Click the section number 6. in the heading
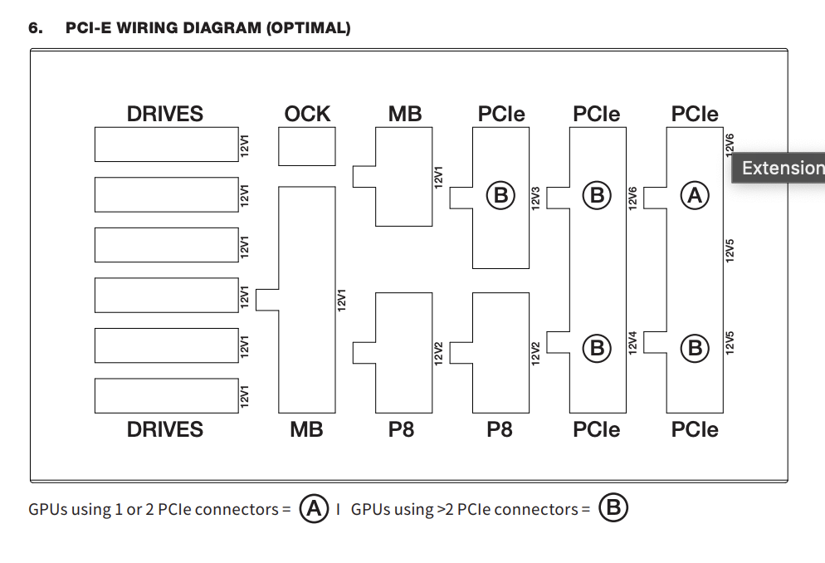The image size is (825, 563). tap(36, 28)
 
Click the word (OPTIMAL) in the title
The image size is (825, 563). tap(308, 28)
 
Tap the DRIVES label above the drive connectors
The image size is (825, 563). tap(164, 114)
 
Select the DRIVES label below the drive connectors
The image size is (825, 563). tap(164, 429)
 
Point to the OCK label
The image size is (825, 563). tap(307, 114)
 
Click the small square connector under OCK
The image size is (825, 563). tap(307, 147)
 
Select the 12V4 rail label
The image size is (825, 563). tap(632, 343)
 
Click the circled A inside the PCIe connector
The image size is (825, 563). tap(694, 195)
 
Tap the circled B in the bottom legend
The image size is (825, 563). tap(613, 507)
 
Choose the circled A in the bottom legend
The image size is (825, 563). tap(314, 507)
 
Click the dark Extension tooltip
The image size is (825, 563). tap(780, 168)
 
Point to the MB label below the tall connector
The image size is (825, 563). tap(306, 429)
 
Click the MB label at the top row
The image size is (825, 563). tap(405, 114)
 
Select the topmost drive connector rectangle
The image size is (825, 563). tap(164, 144)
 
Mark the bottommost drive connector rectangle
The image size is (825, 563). tap(164, 396)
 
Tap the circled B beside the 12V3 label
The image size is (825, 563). tap(500, 195)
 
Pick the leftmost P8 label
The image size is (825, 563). tap(402, 429)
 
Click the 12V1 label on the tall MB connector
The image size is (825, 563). tap(341, 300)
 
